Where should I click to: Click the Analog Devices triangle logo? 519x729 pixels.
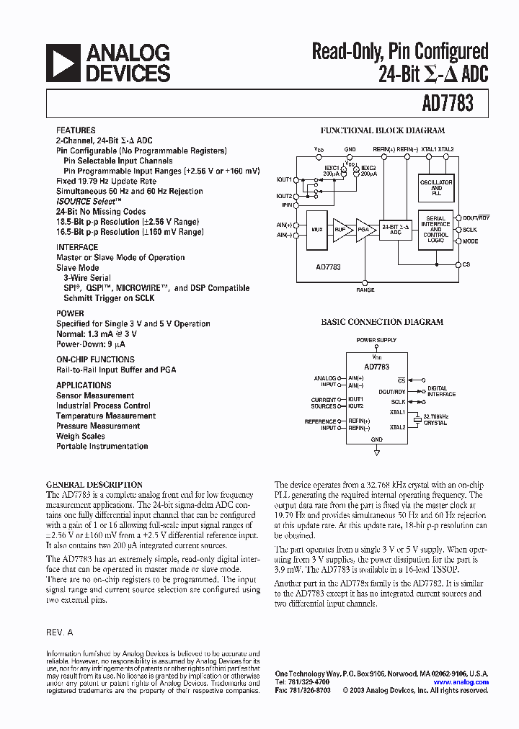coord(62,63)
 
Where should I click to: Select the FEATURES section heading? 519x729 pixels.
coord(76,130)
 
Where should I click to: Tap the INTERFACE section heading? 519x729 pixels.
coord(77,247)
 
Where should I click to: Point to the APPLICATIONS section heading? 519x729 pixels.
coord(84,385)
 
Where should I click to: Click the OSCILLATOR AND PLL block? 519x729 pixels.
coord(435,187)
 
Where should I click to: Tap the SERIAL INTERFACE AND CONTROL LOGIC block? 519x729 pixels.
coord(435,230)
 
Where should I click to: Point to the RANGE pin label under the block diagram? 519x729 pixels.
coord(365,290)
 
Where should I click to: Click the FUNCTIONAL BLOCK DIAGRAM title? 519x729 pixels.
coord(382,131)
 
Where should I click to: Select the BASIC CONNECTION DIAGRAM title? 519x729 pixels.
coord(382,322)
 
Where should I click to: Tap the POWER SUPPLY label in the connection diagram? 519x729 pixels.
coord(376,339)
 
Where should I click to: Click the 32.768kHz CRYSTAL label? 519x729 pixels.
coord(435,420)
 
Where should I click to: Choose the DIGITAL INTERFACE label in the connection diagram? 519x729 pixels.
coord(441,391)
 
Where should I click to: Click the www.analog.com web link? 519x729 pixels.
coord(461,681)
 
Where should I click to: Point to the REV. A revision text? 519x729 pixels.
coord(60,631)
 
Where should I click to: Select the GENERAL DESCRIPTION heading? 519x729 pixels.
coord(94,485)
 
